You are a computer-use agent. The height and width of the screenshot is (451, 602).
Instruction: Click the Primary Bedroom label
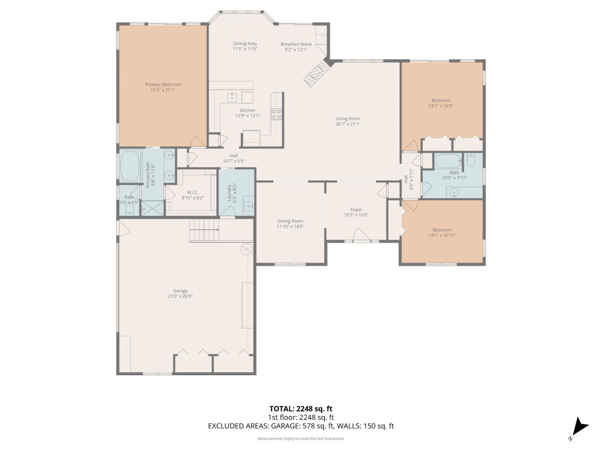(x=163, y=84)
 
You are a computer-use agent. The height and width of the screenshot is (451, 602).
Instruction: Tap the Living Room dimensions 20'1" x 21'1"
(x=348, y=124)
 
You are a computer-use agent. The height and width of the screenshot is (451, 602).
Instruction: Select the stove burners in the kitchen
(x=276, y=114)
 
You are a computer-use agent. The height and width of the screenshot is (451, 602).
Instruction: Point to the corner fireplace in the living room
(x=316, y=73)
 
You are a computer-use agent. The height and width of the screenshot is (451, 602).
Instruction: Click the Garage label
(x=180, y=291)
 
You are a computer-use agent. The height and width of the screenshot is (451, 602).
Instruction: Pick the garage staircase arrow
(x=204, y=230)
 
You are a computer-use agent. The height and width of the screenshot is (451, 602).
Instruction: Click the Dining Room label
(x=290, y=221)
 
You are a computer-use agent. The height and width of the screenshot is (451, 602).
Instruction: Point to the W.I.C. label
(x=193, y=192)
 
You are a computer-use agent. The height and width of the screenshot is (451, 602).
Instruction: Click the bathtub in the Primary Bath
(x=130, y=166)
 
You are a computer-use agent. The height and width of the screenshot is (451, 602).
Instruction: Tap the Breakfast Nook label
(x=296, y=44)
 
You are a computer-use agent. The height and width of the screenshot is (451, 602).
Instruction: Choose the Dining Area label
(x=245, y=44)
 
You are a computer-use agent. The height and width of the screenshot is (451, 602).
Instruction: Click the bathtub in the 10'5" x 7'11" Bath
(x=448, y=161)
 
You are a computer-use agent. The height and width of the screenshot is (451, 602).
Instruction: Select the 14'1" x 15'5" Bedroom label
(x=441, y=100)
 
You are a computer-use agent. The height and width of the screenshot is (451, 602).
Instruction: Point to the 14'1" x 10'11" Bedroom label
(x=442, y=230)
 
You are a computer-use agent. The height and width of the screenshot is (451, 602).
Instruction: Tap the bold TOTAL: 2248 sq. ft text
(x=301, y=409)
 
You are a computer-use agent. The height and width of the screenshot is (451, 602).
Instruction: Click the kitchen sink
(x=232, y=97)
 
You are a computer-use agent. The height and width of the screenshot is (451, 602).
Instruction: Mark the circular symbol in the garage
(x=246, y=249)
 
